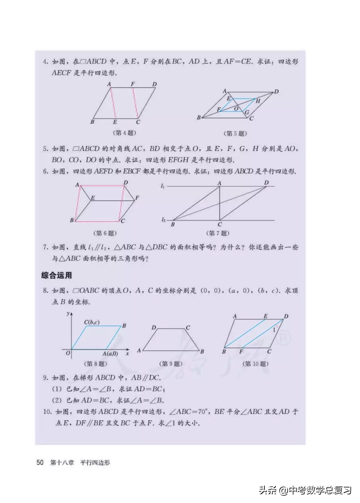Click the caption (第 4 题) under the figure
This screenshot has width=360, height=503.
pyautogui.click(x=125, y=133)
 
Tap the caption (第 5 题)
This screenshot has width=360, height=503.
pyautogui.click(x=235, y=133)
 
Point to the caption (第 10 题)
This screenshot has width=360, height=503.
pyautogui.click(x=256, y=364)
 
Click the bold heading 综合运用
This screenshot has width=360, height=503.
pyautogui.click(x=57, y=275)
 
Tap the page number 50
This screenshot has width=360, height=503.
pyautogui.click(x=40, y=462)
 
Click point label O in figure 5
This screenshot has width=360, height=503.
pyautogui.click(x=236, y=109)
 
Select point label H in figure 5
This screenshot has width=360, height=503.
pyautogui.click(x=258, y=101)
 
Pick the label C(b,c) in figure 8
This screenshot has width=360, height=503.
pyautogui.click(x=92, y=322)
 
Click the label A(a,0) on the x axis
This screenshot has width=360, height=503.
pyautogui.click(x=110, y=354)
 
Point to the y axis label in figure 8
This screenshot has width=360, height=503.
pyautogui.click(x=68, y=313)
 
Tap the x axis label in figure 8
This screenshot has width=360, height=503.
pyautogui.click(x=127, y=353)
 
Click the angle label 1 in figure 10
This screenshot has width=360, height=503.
pyautogui.click(x=274, y=330)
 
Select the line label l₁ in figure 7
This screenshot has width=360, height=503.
pyautogui.click(x=163, y=186)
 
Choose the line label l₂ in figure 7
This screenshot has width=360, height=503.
pyautogui.click(x=163, y=219)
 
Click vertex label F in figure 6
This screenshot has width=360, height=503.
pyautogui.click(x=137, y=198)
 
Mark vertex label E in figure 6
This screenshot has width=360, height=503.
pyautogui.click(x=93, y=198)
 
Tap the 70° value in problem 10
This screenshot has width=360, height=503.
pyautogui.click(x=202, y=412)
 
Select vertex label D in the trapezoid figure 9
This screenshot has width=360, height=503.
pyautogui.click(x=154, y=328)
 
